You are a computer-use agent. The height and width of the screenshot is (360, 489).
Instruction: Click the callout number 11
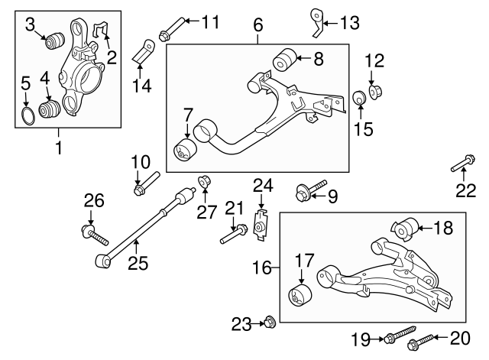210,20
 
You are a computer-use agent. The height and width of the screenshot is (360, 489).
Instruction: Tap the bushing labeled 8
286,58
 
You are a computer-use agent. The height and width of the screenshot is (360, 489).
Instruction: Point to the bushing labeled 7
184,149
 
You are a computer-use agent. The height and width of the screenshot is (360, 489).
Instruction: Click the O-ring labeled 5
26,115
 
